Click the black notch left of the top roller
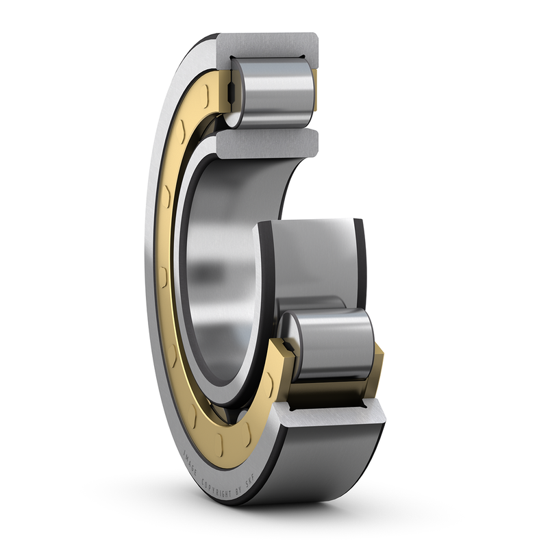[x=231, y=90]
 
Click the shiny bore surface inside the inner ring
[x=212, y=274]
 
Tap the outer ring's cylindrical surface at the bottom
[x=329, y=466]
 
